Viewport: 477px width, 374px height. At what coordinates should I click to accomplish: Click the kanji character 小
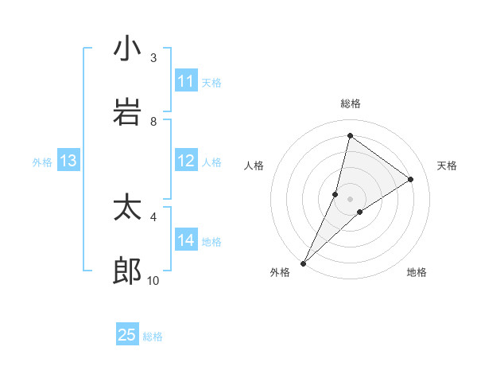point(127,49)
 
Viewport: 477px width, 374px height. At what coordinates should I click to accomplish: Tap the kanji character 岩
point(127,112)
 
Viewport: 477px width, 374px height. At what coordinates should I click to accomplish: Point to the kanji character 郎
point(127,271)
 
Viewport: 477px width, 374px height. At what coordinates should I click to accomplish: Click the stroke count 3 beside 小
point(153,57)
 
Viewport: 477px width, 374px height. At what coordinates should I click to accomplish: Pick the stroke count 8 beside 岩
point(153,121)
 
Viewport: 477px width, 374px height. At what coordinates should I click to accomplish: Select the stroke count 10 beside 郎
point(153,280)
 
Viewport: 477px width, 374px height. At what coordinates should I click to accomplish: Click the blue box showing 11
point(186,81)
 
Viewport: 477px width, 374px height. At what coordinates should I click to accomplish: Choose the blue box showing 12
point(186,161)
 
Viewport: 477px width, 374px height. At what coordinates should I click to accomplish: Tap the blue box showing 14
point(186,240)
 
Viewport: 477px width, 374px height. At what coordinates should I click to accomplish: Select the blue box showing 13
point(68,162)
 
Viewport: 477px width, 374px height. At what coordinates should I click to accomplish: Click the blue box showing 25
point(127,335)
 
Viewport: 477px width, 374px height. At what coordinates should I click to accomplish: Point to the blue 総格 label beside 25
point(153,337)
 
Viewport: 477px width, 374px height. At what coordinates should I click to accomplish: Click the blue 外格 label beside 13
point(42,162)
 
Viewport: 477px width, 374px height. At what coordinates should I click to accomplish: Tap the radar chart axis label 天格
point(448,166)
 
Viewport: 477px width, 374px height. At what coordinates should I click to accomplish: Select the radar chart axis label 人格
point(254,166)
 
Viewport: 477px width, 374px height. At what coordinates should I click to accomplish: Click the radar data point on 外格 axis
point(304,263)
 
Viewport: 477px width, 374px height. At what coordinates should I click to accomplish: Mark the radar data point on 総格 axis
point(350,135)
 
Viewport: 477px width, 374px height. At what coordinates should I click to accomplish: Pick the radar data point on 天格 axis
point(411,179)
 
